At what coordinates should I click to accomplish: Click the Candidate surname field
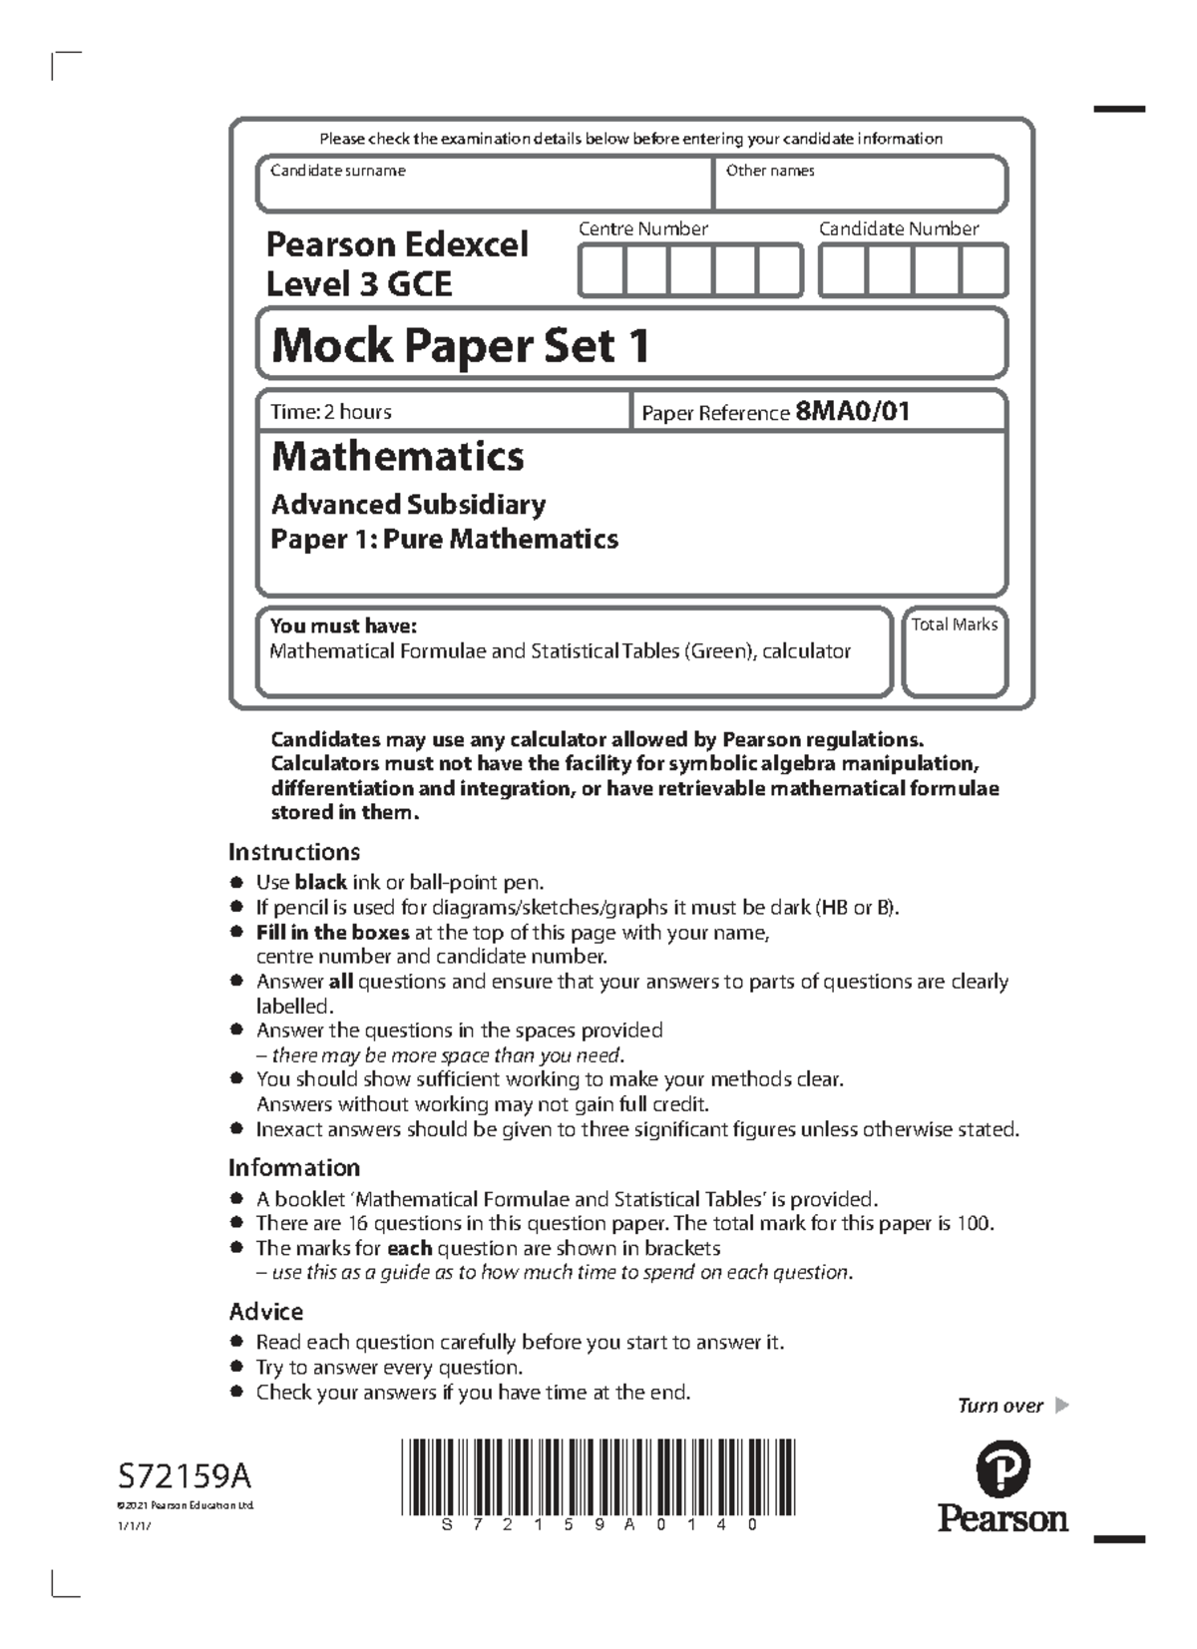click(484, 186)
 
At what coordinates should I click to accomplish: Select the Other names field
click(860, 186)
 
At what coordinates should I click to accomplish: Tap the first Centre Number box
click(601, 271)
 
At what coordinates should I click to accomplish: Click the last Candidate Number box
click(984, 271)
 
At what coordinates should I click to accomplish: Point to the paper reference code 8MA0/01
click(852, 411)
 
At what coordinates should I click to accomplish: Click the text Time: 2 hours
click(331, 411)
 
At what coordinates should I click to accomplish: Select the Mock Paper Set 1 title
click(461, 346)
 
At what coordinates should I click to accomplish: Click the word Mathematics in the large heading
click(397, 457)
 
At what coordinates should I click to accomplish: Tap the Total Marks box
click(955, 653)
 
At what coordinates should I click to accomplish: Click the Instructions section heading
click(293, 851)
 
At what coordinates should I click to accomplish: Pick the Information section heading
click(293, 1167)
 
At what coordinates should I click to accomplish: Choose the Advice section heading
click(265, 1311)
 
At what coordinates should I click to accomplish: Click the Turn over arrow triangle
click(1061, 1406)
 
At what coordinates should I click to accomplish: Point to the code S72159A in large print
click(185, 1474)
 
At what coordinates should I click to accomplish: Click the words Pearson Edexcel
click(397, 244)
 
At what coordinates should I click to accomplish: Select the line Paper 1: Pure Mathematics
click(444, 539)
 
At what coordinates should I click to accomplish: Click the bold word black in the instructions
click(320, 882)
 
